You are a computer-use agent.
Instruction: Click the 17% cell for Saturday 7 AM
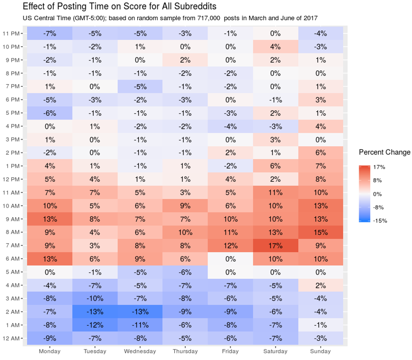pos(275,245)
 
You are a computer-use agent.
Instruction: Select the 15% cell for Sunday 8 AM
pos(320,232)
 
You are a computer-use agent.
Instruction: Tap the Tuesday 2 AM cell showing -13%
pos(95,312)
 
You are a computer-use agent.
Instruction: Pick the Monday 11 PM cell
pos(49,33)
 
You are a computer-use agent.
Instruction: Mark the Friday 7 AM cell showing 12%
pos(230,245)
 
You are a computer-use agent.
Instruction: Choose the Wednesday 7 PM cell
pos(140,86)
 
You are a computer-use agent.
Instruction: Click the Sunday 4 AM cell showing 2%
pos(320,285)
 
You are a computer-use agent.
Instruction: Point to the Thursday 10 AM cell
pos(185,206)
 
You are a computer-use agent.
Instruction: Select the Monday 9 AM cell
pos(49,219)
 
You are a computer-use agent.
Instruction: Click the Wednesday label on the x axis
pos(140,351)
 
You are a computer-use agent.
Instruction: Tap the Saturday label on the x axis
pos(275,351)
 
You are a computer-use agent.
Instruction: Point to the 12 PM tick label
pos(12,179)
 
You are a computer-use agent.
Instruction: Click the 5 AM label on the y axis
pos(12,272)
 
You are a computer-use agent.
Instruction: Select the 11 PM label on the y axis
pos(12,33)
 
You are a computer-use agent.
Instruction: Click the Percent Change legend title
pos(384,152)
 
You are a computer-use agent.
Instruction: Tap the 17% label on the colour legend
pos(379,167)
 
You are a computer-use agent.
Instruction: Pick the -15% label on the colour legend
pos(380,221)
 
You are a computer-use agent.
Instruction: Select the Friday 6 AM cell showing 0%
pos(230,259)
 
